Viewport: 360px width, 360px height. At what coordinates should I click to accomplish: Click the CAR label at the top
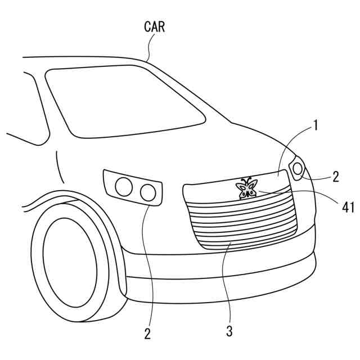coord(154,26)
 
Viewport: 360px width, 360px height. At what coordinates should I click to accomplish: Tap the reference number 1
coord(316,125)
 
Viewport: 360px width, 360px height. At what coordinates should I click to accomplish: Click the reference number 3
coord(229,331)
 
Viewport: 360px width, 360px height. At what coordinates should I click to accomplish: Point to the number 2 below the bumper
coord(147,334)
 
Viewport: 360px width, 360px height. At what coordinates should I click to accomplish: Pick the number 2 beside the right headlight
coord(335,177)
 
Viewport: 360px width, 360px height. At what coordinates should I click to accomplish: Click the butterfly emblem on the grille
coord(246,189)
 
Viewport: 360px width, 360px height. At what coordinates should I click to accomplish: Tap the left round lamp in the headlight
coord(123,186)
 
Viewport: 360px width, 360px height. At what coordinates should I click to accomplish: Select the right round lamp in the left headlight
coord(148,192)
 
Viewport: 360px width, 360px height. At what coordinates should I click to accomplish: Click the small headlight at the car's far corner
coord(297,168)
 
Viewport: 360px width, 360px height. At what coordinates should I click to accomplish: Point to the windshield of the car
coord(124,101)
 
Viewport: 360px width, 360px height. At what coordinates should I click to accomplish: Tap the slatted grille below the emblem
coord(247,222)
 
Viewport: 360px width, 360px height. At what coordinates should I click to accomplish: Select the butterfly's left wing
coord(241,188)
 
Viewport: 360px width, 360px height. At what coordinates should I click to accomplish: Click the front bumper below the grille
coord(225,264)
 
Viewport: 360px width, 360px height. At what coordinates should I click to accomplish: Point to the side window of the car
coord(22,107)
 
